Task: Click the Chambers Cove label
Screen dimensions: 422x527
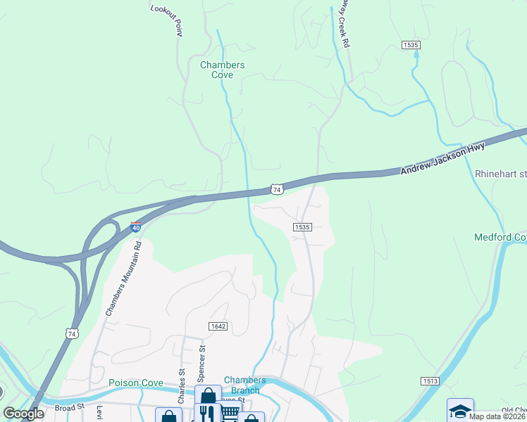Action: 222,70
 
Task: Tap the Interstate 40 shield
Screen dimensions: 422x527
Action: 136,227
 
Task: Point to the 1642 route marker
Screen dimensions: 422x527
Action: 217,326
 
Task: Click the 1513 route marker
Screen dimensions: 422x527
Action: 431,381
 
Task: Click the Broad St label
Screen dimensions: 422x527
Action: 69,407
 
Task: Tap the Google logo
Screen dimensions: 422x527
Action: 23,414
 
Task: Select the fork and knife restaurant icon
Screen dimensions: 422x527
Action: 207,412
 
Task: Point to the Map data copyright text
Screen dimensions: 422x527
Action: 497,416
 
